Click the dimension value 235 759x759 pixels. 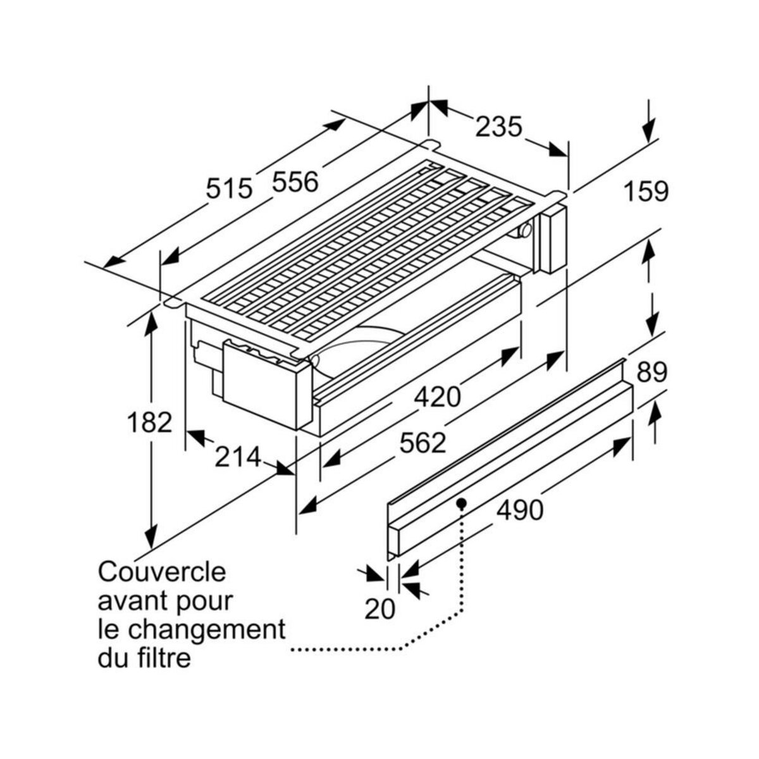[x=499, y=126]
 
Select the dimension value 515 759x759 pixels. [x=230, y=188]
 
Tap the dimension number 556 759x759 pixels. [x=295, y=183]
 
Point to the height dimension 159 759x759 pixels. [x=646, y=191]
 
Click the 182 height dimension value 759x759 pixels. [x=149, y=422]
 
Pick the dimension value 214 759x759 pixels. [x=237, y=457]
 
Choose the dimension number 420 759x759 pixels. [x=438, y=397]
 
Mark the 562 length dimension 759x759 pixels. [x=423, y=443]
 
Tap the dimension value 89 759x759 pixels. [x=651, y=373]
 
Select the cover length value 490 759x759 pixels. [x=520, y=510]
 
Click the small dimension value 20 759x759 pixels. [x=380, y=608]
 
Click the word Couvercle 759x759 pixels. [x=162, y=572]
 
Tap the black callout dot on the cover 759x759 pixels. [x=462, y=503]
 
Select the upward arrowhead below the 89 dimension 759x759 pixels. [x=655, y=415]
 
